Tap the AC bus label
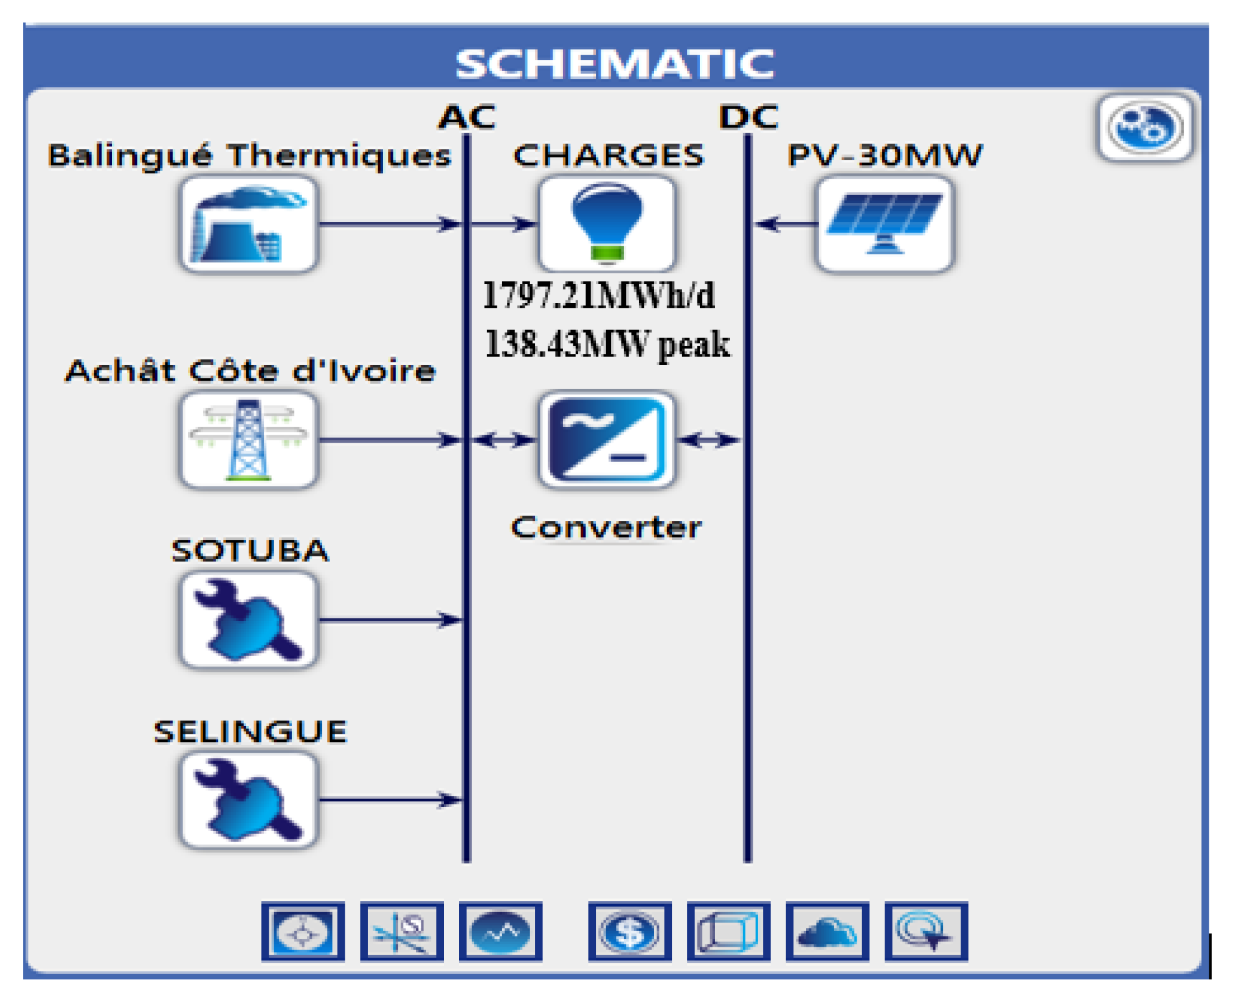pos(467,117)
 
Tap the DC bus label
pos(748,117)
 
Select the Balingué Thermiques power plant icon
pos(249,224)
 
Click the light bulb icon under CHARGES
pos(607,224)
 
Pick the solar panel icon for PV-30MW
pos(885,224)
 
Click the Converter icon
pos(607,440)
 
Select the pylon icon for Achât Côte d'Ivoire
pos(249,440)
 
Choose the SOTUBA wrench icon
pos(249,620)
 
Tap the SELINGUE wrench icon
pos(249,800)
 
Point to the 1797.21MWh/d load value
pos(599,296)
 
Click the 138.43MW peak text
pos(607,344)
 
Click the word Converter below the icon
pos(606,527)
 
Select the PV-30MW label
pos(885,155)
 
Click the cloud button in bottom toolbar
pos(827,932)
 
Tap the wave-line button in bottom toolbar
pos(500,932)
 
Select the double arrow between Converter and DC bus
pos(708,440)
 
